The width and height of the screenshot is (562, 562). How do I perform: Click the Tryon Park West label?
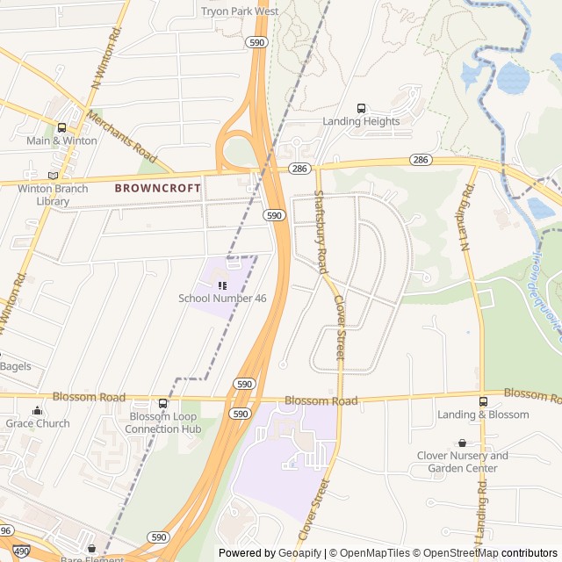240,11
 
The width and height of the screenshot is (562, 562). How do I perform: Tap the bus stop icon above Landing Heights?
361,108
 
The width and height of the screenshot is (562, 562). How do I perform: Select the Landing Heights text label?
361,121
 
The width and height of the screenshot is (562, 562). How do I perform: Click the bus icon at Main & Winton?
61,127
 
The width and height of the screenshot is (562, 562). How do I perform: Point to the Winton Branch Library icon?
53,176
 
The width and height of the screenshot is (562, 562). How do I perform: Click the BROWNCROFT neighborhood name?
157,188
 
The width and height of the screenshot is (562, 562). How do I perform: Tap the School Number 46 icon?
222,285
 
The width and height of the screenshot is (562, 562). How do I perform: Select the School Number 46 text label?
222,299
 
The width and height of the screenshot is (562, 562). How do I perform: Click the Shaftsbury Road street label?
321,233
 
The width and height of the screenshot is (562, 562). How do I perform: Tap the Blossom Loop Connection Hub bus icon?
162,403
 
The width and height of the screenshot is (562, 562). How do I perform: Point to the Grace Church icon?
37,411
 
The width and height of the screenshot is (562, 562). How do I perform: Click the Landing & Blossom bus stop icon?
483,401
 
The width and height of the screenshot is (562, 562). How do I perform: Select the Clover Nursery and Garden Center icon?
462,443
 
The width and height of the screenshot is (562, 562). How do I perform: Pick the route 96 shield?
5,530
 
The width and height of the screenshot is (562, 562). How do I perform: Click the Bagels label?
15,366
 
